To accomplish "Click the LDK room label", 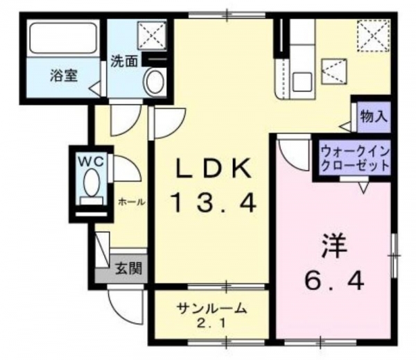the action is click(214, 169).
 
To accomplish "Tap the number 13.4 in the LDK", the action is click(214, 203).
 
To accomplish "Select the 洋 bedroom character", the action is click(334, 246).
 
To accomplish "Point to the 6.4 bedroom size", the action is click(334, 282).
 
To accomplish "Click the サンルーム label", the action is click(211, 309).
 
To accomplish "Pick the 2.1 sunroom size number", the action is click(211, 323).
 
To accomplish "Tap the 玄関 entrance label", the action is click(129, 268).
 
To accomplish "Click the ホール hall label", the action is click(132, 203).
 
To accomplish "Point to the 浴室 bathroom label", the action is click(64, 76).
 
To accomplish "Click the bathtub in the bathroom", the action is click(63, 38).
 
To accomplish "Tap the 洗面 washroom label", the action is click(124, 62).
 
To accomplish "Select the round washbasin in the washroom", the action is click(155, 81).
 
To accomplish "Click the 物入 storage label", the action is click(374, 117).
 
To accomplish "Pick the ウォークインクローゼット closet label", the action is click(355, 159).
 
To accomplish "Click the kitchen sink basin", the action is click(302, 83).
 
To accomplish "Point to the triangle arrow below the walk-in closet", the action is click(364, 188).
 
